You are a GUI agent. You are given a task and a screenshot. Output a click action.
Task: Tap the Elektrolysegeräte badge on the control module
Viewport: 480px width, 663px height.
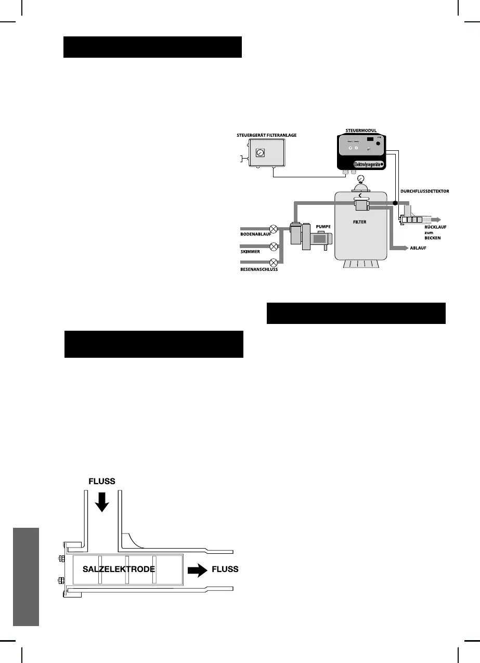pos(362,163)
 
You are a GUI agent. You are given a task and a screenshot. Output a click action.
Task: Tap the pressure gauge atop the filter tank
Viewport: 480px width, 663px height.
pos(360,181)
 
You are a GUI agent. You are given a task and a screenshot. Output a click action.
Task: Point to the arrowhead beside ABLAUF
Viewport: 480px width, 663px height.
pos(405,249)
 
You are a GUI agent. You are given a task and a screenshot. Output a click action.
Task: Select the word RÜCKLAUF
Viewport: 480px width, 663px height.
pos(429,227)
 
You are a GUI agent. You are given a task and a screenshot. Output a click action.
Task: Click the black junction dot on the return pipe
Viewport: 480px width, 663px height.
pos(395,202)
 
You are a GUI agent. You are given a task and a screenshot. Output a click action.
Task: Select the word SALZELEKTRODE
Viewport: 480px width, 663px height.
pos(119,569)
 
